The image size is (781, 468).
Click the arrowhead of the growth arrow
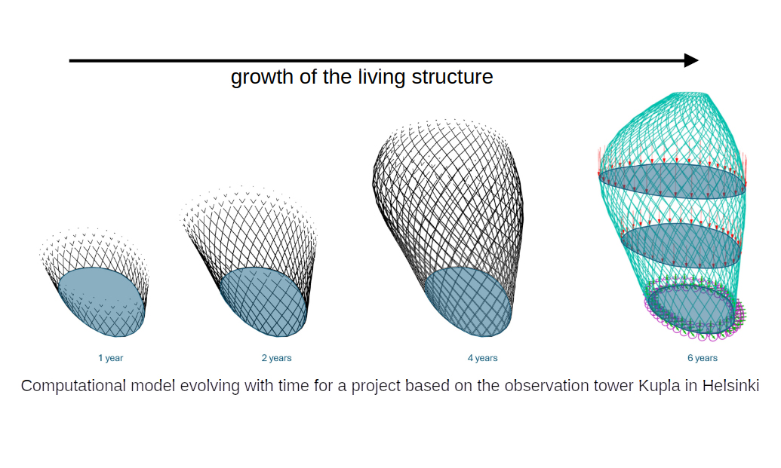(x=691, y=61)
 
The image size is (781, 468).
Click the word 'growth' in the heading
(x=262, y=78)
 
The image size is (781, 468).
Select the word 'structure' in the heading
(x=452, y=77)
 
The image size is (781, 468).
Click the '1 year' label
(x=111, y=358)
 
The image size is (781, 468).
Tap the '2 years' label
(x=276, y=358)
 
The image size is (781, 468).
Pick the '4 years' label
(x=483, y=358)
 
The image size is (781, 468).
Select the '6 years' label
(x=703, y=358)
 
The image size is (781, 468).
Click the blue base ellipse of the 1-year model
(x=101, y=302)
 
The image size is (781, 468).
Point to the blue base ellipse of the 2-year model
(x=263, y=301)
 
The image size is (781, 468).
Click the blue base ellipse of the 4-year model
(x=468, y=302)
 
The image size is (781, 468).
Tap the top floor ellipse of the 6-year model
(x=672, y=181)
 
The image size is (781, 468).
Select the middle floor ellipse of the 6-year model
(x=681, y=246)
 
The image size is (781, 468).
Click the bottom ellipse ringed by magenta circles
(x=693, y=309)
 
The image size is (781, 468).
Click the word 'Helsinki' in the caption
(x=730, y=386)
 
